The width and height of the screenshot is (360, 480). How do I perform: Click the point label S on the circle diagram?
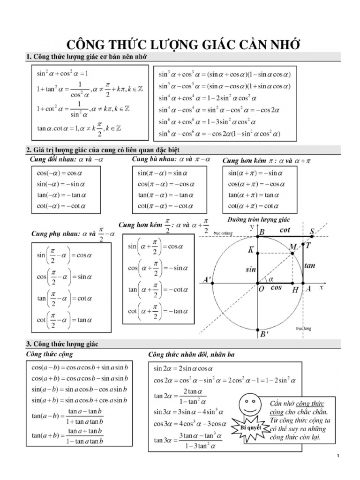[x=312, y=231]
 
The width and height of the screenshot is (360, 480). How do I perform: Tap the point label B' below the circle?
[x=263, y=335]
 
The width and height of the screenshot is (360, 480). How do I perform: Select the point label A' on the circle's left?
[x=206, y=280]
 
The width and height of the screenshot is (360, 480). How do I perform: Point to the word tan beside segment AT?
[x=310, y=265]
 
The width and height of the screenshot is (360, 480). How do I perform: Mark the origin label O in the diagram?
[x=261, y=289]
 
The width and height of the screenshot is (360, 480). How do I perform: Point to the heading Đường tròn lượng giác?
[x=259, y=219]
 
